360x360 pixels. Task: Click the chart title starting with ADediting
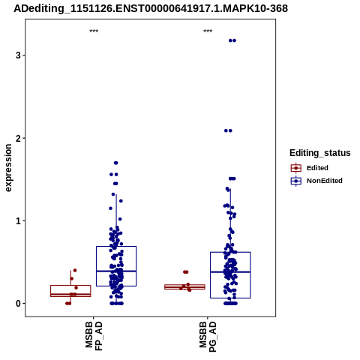pos(151,8)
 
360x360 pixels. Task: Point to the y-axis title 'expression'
pos(8,168)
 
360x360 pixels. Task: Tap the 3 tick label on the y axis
pos(18,55)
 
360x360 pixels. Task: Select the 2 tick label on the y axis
pos(18,138)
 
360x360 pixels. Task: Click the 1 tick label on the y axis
pos(18,220)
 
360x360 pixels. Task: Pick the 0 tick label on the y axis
pos(18,304)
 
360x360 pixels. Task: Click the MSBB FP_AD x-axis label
pos(94,336)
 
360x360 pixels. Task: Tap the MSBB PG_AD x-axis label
pos(208,337)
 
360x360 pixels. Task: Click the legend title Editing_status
pos(320,153)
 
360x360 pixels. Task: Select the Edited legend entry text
pos(317,168)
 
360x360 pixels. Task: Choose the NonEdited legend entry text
pos(325,181)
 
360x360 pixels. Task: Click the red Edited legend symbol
pos(296,168)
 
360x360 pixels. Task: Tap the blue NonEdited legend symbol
pos(296,181)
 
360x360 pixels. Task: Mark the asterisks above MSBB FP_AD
pos(94,31)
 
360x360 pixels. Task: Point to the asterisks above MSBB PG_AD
pos(208,31)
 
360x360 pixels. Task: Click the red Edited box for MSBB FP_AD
pos(70,286)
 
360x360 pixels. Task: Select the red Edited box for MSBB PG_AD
pos(184,285)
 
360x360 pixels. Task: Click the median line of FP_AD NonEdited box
pos(116,271)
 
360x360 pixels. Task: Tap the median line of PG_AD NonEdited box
pos(230,271)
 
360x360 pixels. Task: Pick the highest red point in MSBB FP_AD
pos(75,270)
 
